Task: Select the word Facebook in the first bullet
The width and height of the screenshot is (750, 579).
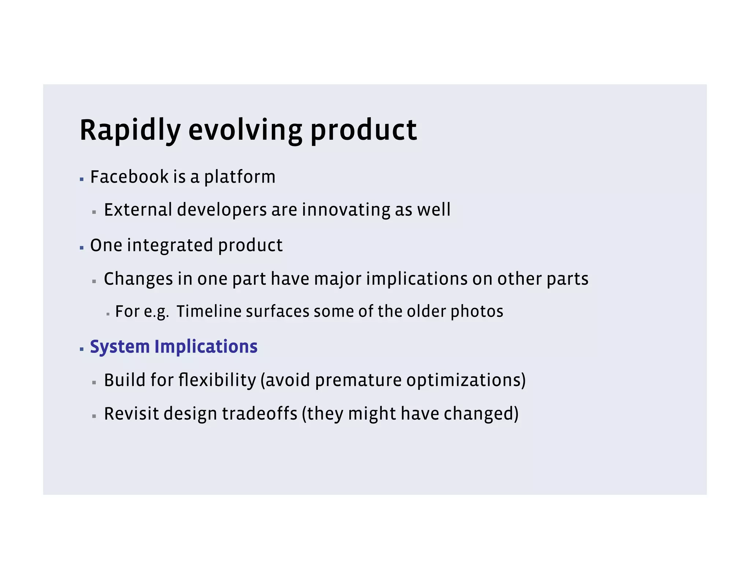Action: (x=129, y=177)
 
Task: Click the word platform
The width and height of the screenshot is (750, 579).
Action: (x=240, y=177)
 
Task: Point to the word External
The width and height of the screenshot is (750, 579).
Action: (x=138, y=210)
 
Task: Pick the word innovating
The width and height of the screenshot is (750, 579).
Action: (x=346, y=210)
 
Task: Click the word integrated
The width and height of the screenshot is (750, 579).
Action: (x=170, y=245)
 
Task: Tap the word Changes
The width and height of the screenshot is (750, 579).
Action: (x=138, y=279)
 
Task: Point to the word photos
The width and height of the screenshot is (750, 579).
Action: (x=477, y=311)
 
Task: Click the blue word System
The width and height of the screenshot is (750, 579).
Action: (x=120, y=347)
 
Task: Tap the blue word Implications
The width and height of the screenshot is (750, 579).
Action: (x=206, y=347)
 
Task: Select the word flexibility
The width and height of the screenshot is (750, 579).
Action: (x=217, y=380)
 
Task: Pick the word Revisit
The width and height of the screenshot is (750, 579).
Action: (x=131, y=414)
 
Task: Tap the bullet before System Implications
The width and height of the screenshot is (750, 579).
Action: (x=82, y=349)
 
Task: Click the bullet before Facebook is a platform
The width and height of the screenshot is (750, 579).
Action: (x=82, y=180)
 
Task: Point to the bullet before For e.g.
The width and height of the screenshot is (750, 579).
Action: (x=108, y=314)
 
